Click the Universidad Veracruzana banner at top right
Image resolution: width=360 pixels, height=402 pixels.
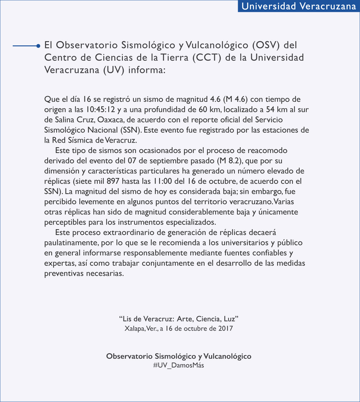click(x=299, y=6)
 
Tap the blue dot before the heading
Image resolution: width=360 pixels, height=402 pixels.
click(x=38, y=46)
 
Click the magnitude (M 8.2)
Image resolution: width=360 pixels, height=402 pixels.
click(x=229, y=161)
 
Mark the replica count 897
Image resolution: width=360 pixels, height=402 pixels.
click(x=113, y=181)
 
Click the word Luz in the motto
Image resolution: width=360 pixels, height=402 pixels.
click(x=231, y=319)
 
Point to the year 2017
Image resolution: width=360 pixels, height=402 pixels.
click(x=226, y=329)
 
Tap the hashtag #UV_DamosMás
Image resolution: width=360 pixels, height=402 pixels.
click(x=179, y=365)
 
